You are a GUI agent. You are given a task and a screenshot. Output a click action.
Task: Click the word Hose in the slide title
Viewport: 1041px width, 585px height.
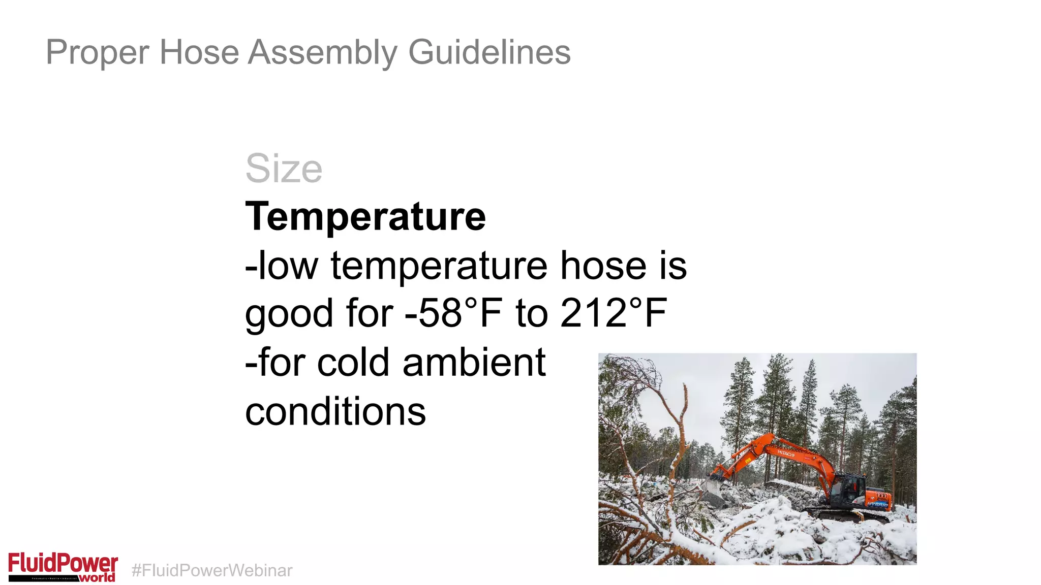pyautogui.click(x=199, y=52)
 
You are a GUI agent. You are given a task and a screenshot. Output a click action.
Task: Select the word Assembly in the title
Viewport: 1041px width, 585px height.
pyautogui.click(x=323, y=52)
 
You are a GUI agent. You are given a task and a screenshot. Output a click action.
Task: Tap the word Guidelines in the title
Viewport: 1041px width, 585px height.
pyautogui.click(x=489, y=52)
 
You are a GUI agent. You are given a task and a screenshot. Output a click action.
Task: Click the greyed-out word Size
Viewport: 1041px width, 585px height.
pyautogui.click(x=284, y=169)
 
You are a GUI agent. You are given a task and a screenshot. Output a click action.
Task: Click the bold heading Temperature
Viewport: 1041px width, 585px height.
pyautogui.click(x=365, y=217)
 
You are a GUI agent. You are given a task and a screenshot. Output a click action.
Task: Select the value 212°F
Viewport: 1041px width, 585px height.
pyautogui.click(x=614, y=313)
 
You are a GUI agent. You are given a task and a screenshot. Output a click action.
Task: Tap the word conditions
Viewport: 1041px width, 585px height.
pyautogui.click(x=335, y=411)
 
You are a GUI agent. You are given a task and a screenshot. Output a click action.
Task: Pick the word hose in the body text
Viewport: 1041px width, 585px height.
pyautogui.click(x=603, y=265)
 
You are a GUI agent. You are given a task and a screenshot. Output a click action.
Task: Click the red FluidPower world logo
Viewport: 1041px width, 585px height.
pyautogui.click(x=63, y=567)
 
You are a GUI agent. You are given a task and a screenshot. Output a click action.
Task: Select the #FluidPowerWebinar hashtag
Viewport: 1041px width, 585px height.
pyautogui.click(x=212, y=570)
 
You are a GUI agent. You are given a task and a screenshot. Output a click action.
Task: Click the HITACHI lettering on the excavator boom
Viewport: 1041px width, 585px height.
pyautogui.click(x=785, y=453)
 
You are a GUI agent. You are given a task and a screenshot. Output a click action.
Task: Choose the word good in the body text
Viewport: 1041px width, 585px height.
pyautogui.click(x=289, y=314)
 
